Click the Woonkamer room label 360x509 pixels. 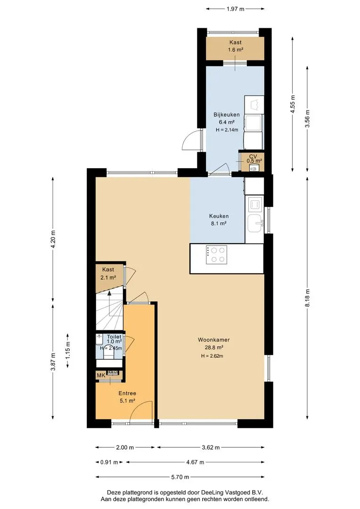click(x=213, y=340)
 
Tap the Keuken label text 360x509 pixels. click(x=219, y=216)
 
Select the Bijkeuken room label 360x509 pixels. click(x=227, y=115)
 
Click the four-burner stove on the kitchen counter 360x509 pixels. click(x=216, y=255)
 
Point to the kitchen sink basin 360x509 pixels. click(x=255, y=224)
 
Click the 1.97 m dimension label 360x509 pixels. click(x=235, y=9)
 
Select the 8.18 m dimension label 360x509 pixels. click(x=307, y=297)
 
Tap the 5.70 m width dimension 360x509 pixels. click(x=180, y=477)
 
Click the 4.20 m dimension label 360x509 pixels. click(x=53, y=239)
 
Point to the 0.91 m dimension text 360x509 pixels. click(x=109, y=462)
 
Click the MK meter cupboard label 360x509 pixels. click(x=101, y=375)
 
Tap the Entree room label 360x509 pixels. click(x=127, y=393)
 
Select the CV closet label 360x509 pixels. click(x=253, y=156)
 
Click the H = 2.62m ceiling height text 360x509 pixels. click(x=212, y=356)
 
